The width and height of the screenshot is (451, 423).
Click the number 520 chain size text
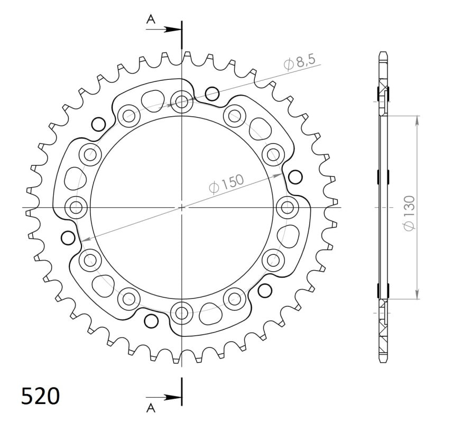coord(40,396)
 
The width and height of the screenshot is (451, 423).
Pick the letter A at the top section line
coord(151,20)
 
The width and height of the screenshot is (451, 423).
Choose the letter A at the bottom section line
coord(151,408)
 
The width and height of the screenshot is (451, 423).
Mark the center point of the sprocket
coord(182,207)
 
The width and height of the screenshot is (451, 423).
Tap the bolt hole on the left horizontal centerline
coord(77,207)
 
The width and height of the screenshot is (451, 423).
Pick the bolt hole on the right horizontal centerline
coord(287,207)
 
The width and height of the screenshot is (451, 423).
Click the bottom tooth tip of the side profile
coord(383,362)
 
